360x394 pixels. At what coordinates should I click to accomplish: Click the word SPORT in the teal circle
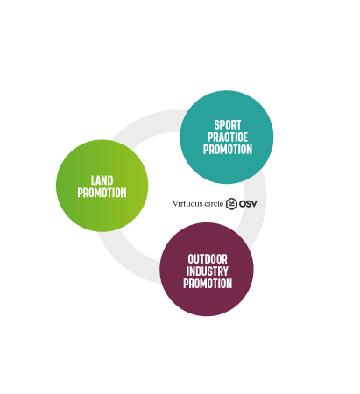(228, 125)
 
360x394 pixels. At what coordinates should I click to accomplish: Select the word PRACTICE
(228, 137)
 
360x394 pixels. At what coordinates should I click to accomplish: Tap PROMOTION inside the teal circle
(228, 150)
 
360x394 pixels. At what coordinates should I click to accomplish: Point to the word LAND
(102, 180)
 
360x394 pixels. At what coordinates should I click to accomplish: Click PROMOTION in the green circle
(102, 193)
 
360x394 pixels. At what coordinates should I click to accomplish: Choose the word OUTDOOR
(208, 259)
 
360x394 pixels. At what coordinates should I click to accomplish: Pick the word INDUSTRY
(208, 271)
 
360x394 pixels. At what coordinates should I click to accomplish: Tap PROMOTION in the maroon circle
(208, 284)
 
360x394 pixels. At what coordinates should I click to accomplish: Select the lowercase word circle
(214, 203)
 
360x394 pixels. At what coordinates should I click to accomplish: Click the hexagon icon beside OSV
(231, 203)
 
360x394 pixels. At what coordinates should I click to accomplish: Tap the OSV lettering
(248, 203)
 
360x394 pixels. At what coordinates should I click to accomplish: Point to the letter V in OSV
(254, 203)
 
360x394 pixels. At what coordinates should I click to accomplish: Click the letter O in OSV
(242, 203)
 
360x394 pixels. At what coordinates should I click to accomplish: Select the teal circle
(227, 137)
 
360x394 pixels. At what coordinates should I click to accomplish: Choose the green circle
(102, 186)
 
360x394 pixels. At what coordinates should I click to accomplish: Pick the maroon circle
(207, 269)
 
